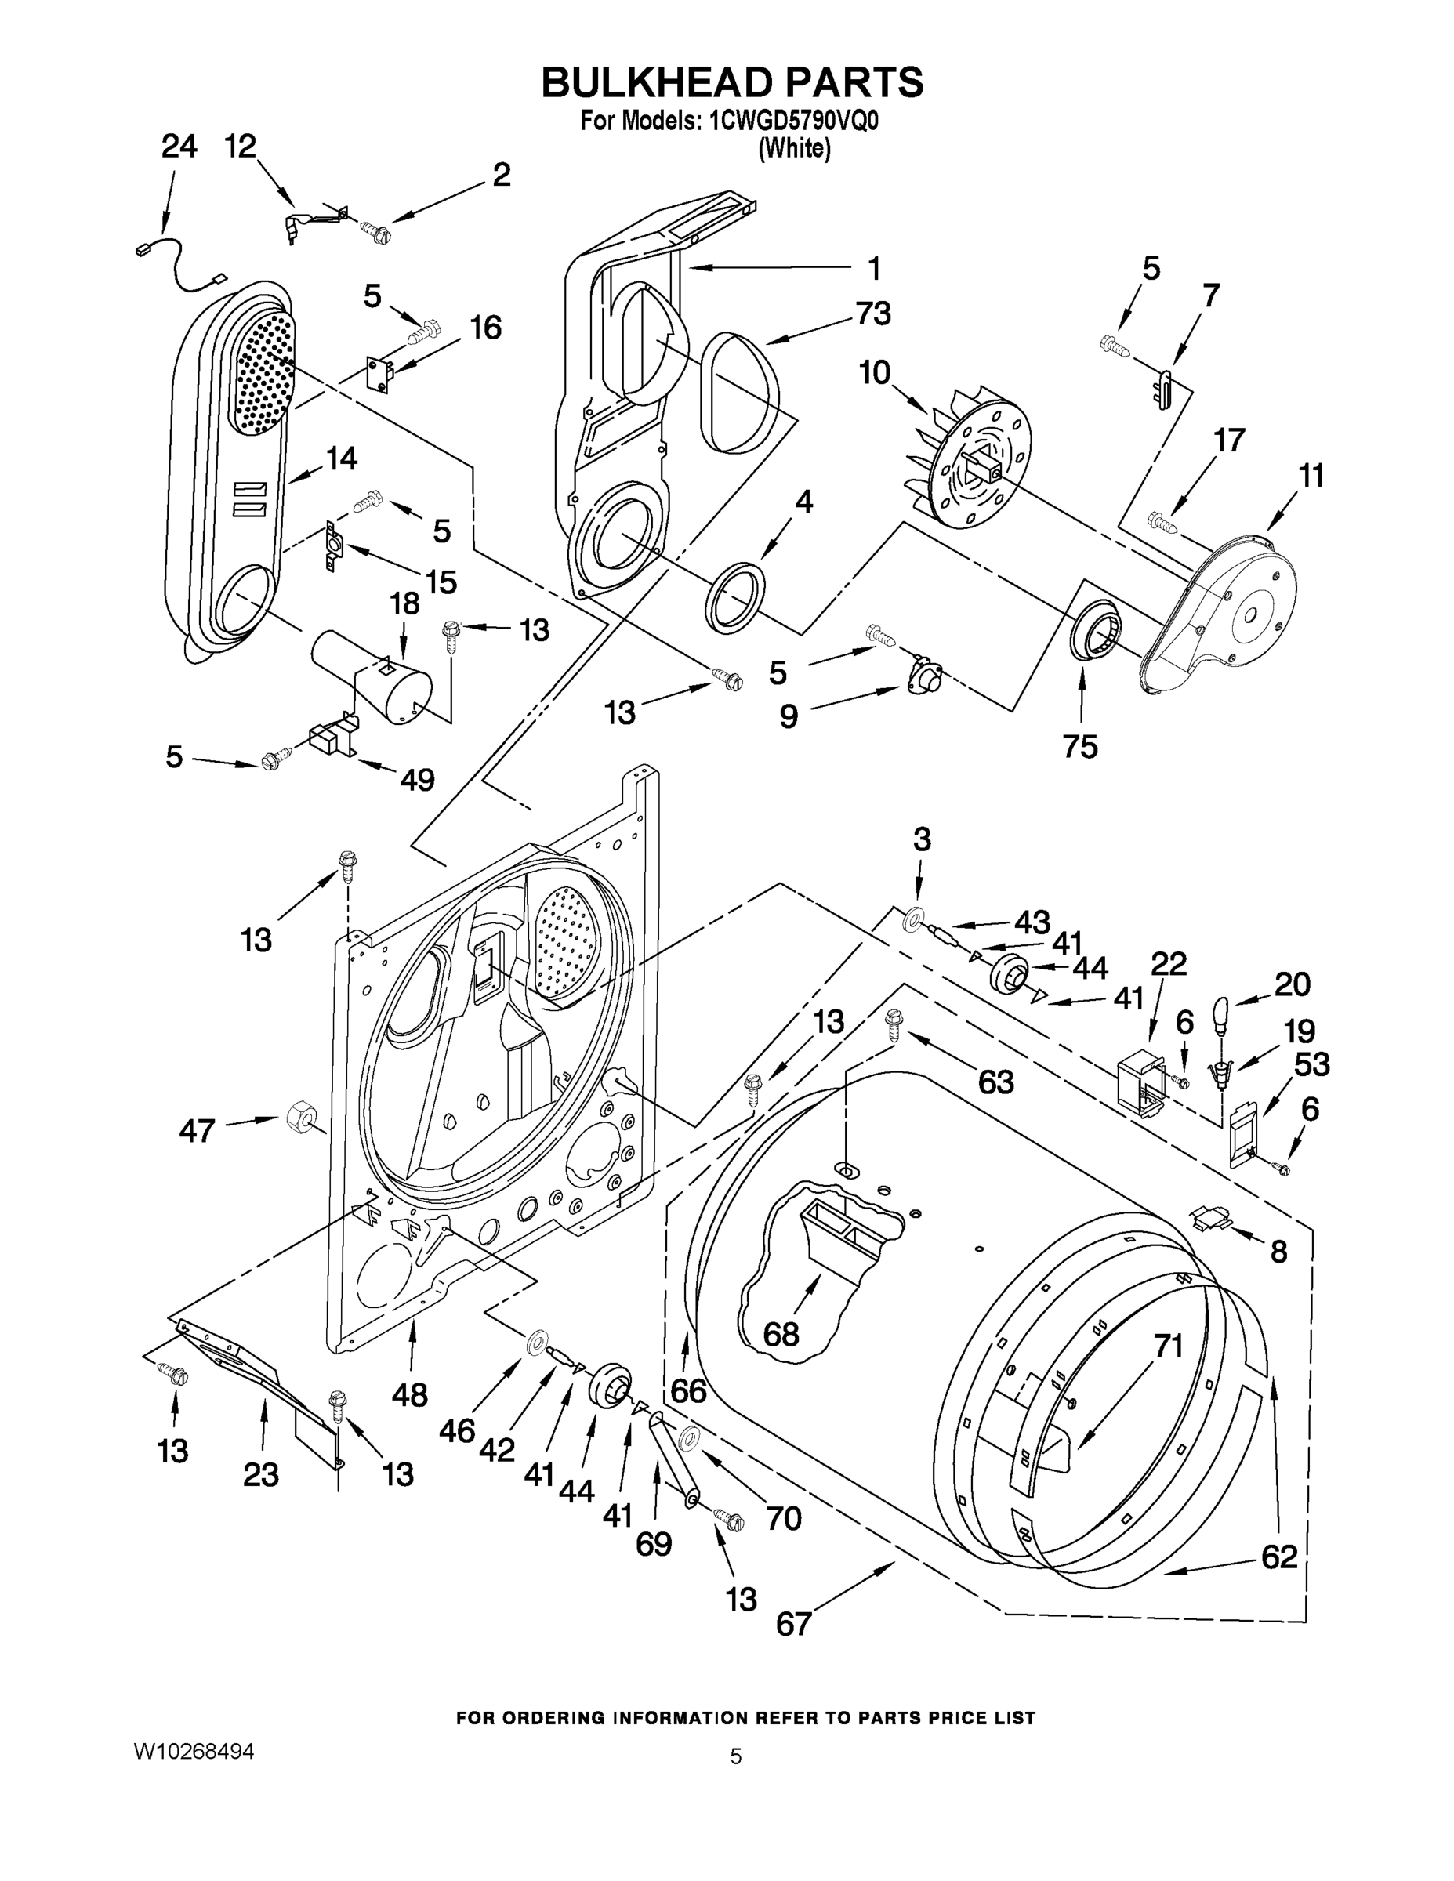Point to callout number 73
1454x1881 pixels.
click(872, 313)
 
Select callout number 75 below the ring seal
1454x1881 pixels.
click(1080, 746)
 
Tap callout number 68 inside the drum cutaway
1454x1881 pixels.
click(781, 1334)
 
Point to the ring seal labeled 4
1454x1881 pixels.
click(735, 596)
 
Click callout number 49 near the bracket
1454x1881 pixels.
click(417, 780)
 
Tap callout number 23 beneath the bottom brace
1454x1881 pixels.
click(260, 1475)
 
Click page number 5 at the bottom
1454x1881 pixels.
click(734, 1756)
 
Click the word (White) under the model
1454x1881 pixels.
click(794, 148)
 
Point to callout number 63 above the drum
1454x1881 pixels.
click(995, 1082)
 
